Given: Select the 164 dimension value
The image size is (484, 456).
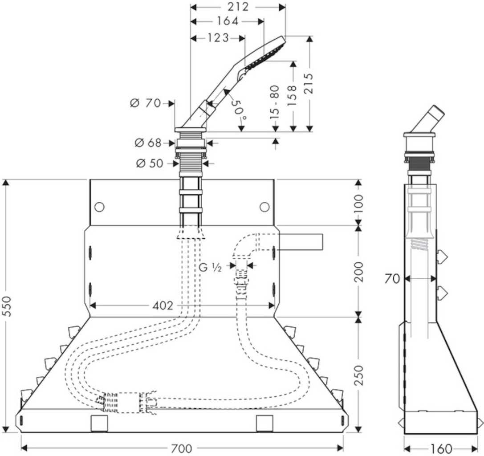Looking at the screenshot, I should [x=228, y=21].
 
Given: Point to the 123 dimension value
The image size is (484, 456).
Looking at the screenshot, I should [x=218, y=38].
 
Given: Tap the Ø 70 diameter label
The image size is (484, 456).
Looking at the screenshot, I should [x=145, y=104].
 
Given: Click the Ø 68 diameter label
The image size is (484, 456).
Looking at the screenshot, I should [x=149, y=143].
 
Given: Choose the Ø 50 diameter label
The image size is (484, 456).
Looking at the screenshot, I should [x=150, y=163].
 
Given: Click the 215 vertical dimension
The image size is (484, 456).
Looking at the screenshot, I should [x=309, y=83].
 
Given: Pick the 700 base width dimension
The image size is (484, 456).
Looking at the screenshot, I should [x=181, y=448].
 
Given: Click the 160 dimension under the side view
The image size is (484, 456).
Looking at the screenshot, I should [x=442, y=448].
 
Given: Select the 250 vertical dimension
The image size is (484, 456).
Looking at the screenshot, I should [x=359, y=376].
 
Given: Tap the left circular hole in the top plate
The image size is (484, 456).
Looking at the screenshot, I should [x=99, y=207].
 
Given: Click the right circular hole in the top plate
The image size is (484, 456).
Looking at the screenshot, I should [x=264, y=207].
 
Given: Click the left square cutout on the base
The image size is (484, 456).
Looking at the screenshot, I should [x=99, y=423].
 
